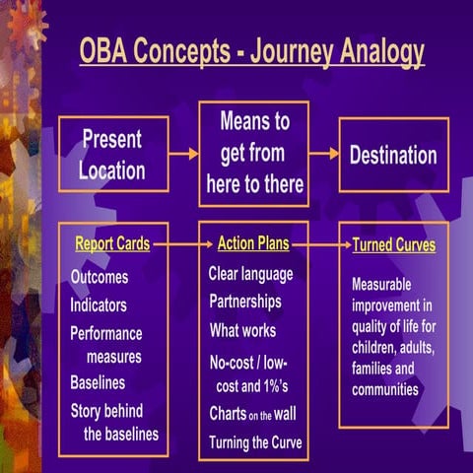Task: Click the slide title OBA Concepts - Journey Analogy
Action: pyautogui.click(x=251, y=51)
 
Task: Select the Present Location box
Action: pyautogui.click(x=111, y=154)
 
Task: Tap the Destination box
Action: pyautogui.click(x=393, y=155)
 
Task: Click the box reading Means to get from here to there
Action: pyautogui.click(x=253, y=154)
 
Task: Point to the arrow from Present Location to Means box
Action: pyautogui.click(x=183, y=154)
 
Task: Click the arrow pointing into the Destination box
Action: pyautogui.click(x=324, y=154)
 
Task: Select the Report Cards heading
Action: pyautogui.click(x=112, y=243)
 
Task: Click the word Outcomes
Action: pyautogui.click(x=99, y=278)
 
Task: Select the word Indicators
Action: pyautogui.click(x=98, y=305)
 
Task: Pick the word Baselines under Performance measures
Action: pyautogui.click(x=97, y=382)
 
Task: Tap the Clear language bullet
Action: pyautogui.click(x=250, y=274)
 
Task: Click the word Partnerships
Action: pyautogui.click(x=244, y=302)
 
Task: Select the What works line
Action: pyautogui.click(x=242, y=330)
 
